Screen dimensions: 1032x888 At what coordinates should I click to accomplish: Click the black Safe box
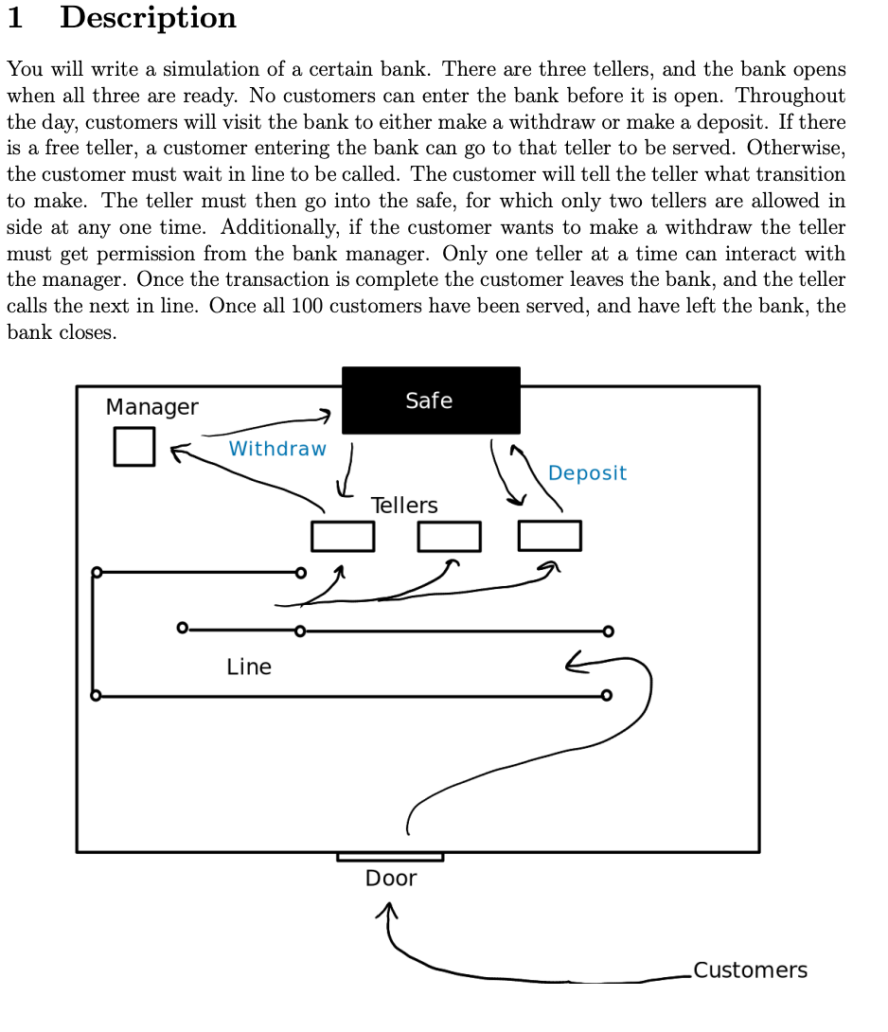click(431, 400)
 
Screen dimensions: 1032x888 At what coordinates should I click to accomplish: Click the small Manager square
click(133, 447)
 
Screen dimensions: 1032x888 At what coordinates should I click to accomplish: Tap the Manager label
click(151, 407)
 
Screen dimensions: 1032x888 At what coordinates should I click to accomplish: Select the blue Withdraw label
click(277, 449)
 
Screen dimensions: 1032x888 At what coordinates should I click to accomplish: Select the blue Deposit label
click(587, 473)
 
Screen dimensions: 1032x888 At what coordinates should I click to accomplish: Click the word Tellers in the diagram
click(404, 506)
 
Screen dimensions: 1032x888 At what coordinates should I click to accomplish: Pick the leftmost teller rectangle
click(343, 536)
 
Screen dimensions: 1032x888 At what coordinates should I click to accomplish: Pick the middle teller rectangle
click(449, 536)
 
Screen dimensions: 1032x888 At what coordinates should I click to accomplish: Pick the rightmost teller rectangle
click(550, 536)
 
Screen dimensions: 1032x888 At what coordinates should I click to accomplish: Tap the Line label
click(249, 667)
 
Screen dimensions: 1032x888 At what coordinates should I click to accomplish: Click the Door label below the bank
click(391, 879)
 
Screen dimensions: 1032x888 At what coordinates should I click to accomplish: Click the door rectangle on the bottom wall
click(390, 857)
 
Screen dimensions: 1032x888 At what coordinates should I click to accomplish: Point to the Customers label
click(750, 970)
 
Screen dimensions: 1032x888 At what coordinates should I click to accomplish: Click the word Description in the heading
click(148, 18)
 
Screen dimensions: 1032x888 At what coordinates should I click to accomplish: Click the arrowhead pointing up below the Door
click(385, 910)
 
